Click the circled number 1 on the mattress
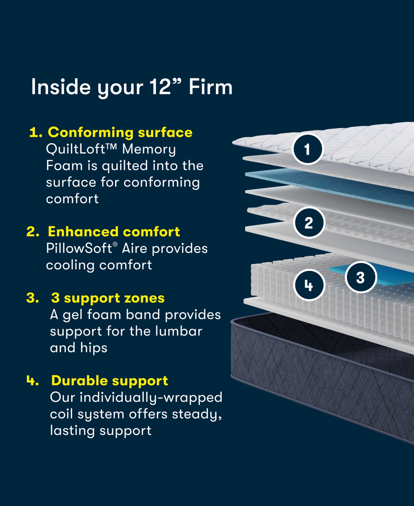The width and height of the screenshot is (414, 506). pos(307,149)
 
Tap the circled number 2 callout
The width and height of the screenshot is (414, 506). pos(309,222)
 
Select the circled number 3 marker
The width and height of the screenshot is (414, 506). pos(361,277)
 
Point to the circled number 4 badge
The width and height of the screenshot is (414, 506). pos(309,285)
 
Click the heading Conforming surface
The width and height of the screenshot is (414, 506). pos(120,132)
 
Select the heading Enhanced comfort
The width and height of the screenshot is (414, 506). pos(114,232)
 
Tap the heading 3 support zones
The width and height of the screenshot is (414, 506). pos(108,298)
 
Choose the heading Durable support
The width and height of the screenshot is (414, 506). pos(109,381)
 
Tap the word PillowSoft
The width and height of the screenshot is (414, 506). pos(79,249)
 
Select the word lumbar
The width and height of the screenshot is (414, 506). pos(178,331)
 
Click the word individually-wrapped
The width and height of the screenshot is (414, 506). pos(151,398)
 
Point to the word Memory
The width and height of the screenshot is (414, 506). pos(149,149)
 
